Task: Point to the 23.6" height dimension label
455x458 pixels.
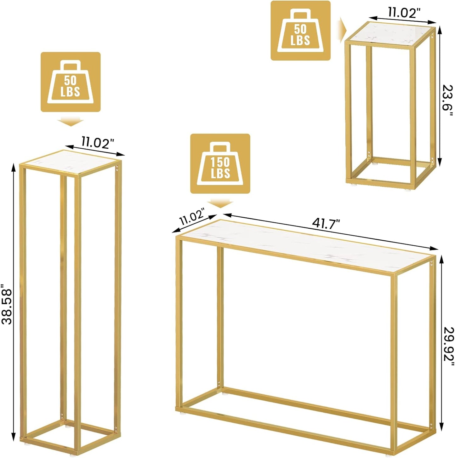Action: point(447,100)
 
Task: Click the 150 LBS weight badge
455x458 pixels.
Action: point(220,164)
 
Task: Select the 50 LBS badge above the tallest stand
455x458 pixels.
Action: point(71,82)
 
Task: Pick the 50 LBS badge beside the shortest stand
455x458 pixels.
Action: point(301,31)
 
